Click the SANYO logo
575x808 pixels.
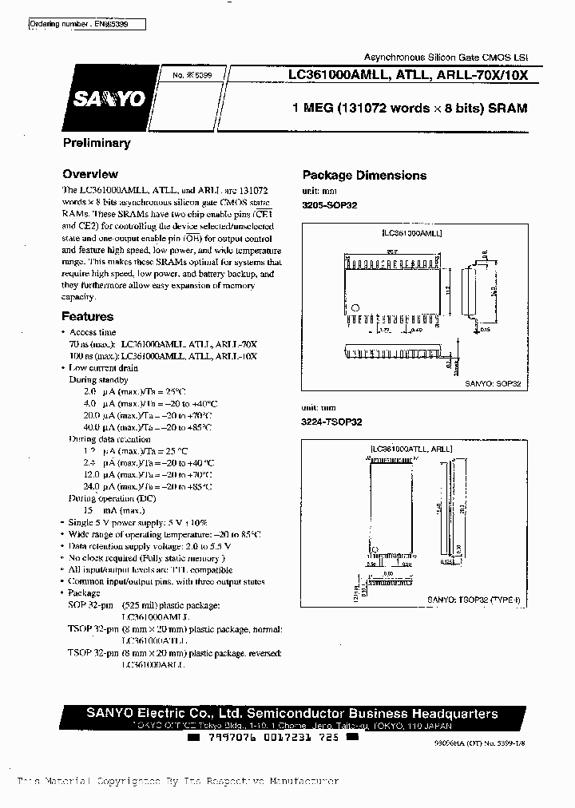point(109,97)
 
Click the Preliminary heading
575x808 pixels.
point(96,143)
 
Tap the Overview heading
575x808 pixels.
point(90,174)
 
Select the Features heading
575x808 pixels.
point(88,316)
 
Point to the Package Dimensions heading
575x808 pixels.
point(364,176)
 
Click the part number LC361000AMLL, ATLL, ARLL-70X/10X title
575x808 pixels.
point(408,75)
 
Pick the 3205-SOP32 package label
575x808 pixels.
point(330,205)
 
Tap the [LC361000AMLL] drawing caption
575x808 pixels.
point(412,232)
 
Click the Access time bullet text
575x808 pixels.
point(93,332)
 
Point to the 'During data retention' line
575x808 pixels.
point(109,439)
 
